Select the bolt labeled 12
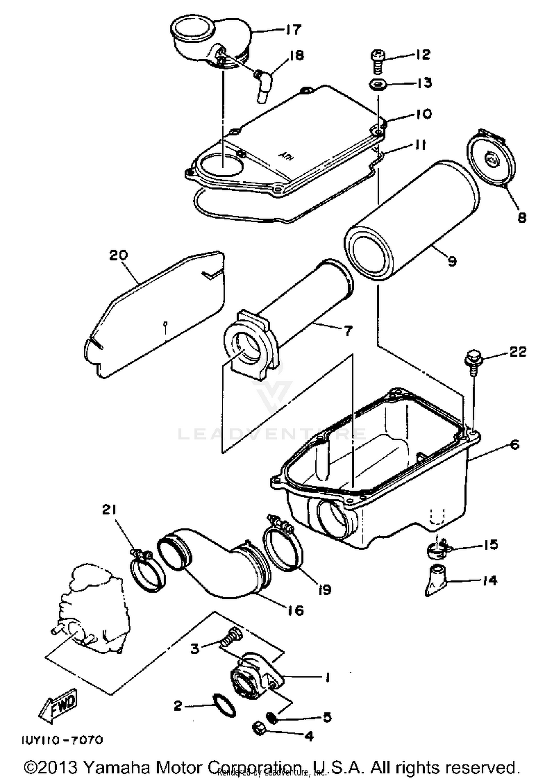point(376,60)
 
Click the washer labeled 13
point(378,85)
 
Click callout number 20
point(119,255)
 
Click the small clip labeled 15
point(437,549)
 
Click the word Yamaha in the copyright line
point(117,767)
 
